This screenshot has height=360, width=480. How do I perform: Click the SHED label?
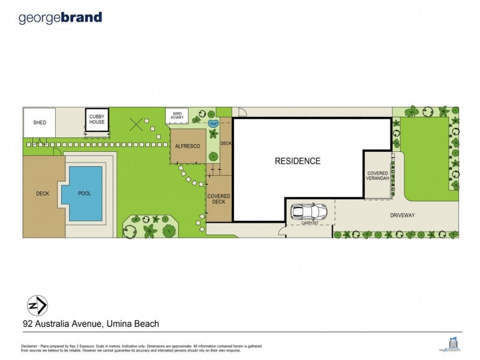[x=40, y=122]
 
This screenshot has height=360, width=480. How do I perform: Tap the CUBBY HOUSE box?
[x=97, y=119]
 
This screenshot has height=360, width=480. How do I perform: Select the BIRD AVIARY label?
[x=177, y=115]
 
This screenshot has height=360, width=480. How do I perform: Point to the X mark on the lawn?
[x=136, y=124]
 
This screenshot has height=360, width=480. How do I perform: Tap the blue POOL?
[x=85, y=193]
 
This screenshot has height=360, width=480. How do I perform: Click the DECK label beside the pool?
[x=42, y=193]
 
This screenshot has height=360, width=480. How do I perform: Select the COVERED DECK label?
[x=218, y=199]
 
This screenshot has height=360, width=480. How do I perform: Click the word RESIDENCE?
[x=298, y=161]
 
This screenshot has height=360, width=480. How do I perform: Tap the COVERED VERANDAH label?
[x=378, y=176]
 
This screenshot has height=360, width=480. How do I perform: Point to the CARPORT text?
[x=310, y=223]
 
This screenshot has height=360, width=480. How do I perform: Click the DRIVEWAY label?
[x=403, y=215]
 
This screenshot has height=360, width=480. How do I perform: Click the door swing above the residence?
[x=241, y=112]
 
